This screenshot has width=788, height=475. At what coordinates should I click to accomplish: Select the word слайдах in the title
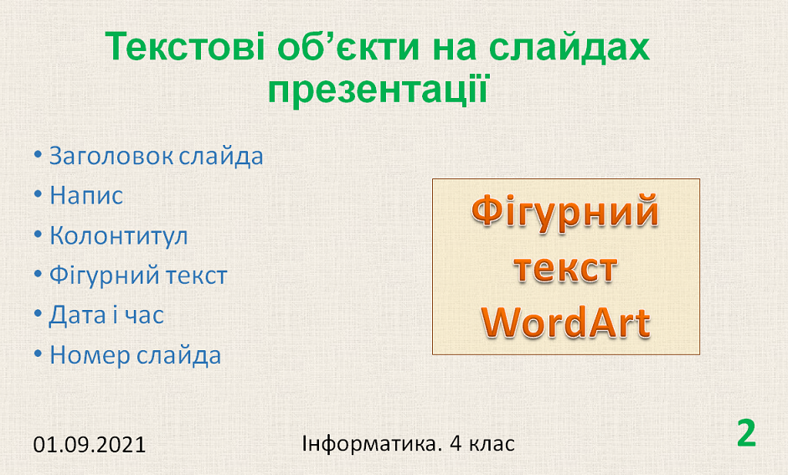tap(569, 47)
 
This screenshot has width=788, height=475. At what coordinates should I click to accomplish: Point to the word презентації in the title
tap(378, 90)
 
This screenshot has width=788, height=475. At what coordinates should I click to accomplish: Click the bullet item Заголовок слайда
tap(156, 156)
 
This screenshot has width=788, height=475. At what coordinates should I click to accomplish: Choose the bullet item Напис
tap(86, 195)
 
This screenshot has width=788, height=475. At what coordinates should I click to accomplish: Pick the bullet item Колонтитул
tap(119, 235)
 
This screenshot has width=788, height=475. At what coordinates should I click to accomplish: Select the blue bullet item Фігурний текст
tap(138, 276)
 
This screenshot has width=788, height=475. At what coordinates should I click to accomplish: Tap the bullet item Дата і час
tap(106, 315)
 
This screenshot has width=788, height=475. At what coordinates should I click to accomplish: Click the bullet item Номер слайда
tap(135, 355)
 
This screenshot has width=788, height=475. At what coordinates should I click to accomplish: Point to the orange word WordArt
tap(566, 323)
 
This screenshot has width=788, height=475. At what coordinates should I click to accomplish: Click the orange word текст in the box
tap(566, 268)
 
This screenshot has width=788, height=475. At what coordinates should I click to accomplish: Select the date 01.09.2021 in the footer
tap(90, 445)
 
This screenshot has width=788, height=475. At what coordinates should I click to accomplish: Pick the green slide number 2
tap(747, 433)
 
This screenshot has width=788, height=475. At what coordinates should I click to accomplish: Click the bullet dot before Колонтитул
tap(38, 234)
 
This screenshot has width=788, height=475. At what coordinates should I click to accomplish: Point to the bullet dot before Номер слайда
tap(38, 354)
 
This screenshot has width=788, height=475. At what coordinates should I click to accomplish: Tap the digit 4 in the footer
tap(456, 444)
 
